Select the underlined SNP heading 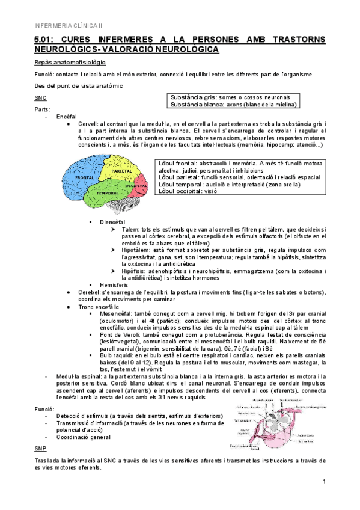coord(40,449)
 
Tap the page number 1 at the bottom coord(323,482)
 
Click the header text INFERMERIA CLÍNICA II coord(69,26)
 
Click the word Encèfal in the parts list coord(64,115)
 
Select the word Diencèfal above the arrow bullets coord(112,222)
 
